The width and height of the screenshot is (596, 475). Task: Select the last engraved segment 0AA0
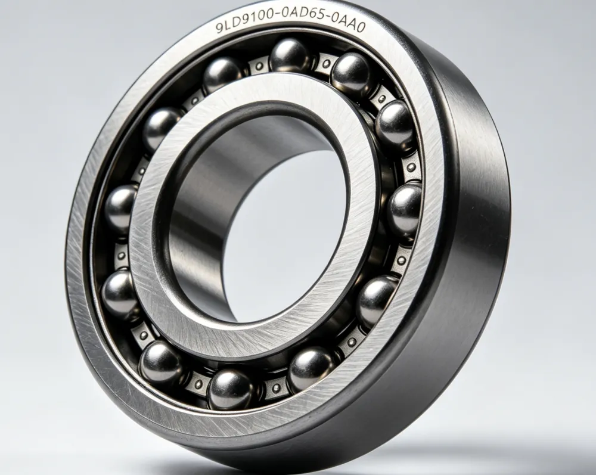pyautogui.click(x=348, y=27)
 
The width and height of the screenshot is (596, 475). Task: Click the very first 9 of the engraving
pyautogui.click(x=219, y=28)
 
